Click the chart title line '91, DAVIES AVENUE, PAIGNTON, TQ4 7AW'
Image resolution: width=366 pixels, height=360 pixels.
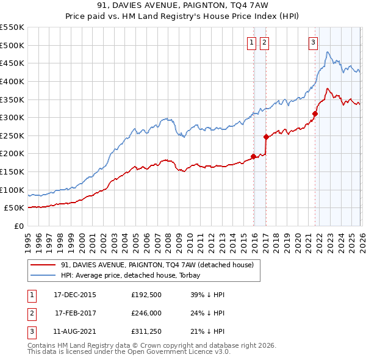pyautogui.click(x=183, y=5)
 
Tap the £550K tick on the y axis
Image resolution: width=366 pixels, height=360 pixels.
pyautogui.click(x=12, y=27)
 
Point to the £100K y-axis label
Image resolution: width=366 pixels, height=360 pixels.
pyautogui.click(x=12, y=190)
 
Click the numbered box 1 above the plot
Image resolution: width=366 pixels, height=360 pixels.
pyautogui.click(x=252, y=43)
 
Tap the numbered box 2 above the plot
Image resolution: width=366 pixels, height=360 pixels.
pyautogui.click(x=264, y=43)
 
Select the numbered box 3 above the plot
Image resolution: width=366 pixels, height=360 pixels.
pyautogui.click(x=313, y=43)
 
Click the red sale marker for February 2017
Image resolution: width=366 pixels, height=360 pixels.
pyautogui.click(x=266, y=137)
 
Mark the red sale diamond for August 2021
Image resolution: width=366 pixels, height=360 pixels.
pyautogui.click(x=315, y=113)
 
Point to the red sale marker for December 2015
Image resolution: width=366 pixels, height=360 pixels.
pyautogui.click(x=254, y=156)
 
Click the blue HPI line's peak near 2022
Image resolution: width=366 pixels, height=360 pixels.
pyautogui.click(x=327, y=52)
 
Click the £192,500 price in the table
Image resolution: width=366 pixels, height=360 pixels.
pyautogui.click(x=146, y=295)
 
